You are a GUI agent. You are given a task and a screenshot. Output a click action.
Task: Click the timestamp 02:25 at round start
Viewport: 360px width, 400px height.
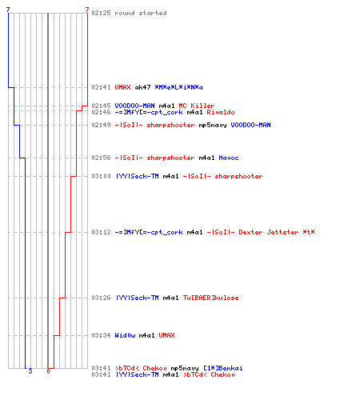click(x=101, y=13)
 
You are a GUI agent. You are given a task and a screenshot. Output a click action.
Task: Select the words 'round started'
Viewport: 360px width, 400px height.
click(x=141, y=13)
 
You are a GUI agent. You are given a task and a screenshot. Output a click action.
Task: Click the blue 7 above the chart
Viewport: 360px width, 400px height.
click(x=8, y=10)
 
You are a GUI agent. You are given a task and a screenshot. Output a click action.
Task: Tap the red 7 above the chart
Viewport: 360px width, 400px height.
click(x=87, y=10)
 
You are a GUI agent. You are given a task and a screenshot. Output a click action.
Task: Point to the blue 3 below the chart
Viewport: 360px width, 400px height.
click(x=30, y=371)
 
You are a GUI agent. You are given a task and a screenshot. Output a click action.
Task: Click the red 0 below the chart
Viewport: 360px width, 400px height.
click(x=48, y=371)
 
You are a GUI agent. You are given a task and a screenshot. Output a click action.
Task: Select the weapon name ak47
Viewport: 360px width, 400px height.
click(x=142, y=87)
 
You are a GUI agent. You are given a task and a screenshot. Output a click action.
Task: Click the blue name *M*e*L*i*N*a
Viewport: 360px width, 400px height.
click(x=178, y=87)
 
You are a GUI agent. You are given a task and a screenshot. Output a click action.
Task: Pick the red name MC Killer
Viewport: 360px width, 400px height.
click(x=197, y=106)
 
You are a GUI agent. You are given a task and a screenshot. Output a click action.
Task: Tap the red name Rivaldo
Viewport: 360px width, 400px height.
click(x=221, y=112)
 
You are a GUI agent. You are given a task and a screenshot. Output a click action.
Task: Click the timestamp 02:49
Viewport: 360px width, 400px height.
click(x=101, y=125)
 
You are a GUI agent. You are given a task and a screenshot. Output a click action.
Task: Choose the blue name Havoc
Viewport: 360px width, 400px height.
click(x=229, y=158)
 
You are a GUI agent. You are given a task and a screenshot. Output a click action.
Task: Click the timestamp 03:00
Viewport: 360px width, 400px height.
click(x=101, y=176)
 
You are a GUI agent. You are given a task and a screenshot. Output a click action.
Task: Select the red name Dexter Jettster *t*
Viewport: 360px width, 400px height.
click(x=277, y=232)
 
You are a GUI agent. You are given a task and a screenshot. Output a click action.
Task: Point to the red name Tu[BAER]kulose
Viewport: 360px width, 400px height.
click(x=210, y=298)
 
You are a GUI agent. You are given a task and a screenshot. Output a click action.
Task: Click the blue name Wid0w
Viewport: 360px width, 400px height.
click(x=125, y=335)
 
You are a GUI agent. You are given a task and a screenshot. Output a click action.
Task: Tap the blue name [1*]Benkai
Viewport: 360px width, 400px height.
click(x=223, y=368)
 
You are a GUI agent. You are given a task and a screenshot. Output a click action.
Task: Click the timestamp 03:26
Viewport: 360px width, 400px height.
click(x=101, y=298)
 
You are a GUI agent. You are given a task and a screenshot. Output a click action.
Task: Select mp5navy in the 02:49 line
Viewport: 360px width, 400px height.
click(x=213, y=126)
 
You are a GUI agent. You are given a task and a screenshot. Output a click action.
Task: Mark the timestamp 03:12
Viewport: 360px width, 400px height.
click(x=101, y=232)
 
